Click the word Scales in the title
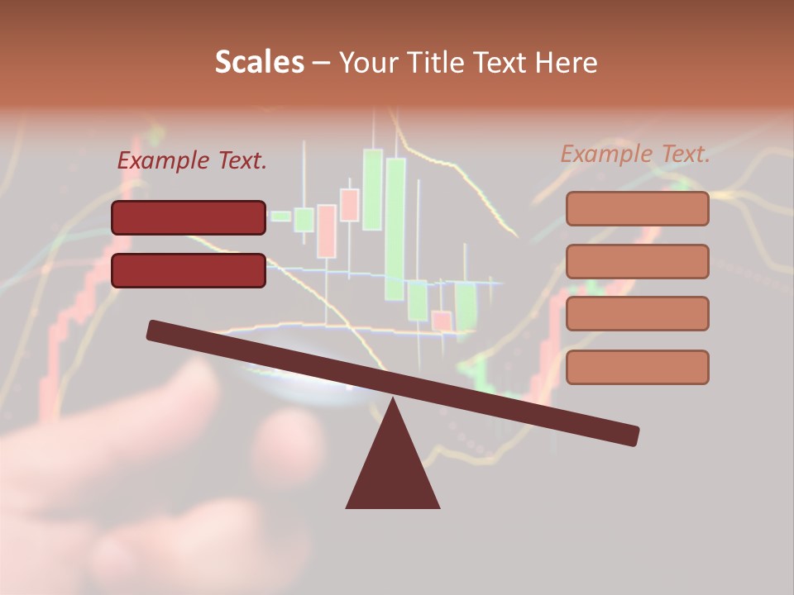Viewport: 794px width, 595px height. coord(259,62)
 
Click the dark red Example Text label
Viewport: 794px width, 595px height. coord(192,161)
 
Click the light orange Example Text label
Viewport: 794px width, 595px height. coord(635,154)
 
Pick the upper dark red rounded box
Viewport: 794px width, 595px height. coord(189,217)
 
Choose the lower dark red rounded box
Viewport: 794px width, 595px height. coord(189,270)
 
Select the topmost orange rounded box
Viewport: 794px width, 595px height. coord(637,208)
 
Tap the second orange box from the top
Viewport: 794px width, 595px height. coord(637,261)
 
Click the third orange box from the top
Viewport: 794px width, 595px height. coord(637,313)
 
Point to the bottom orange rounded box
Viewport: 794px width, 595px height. coord(637,367)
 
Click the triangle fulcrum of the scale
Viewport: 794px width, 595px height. coord(393,471)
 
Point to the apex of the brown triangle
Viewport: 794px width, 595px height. coord(393,402)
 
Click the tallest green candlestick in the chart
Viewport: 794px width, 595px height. coord(395,227)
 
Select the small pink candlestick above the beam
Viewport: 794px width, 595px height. coord(442,321)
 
